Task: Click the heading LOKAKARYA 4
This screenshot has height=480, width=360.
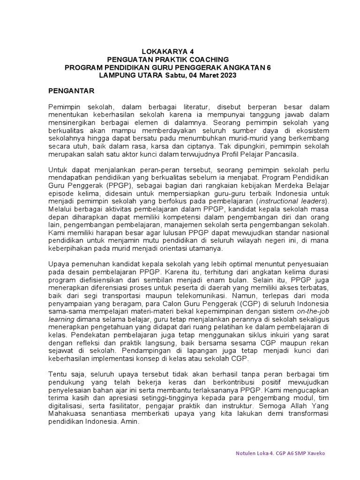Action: (x=167, y=52)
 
